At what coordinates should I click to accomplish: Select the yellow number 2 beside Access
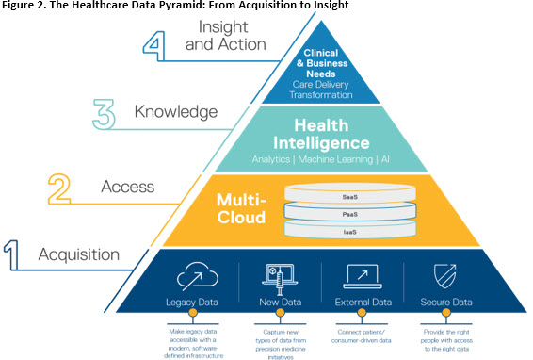coord(59,188)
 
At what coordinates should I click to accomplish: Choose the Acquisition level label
coord(78,254)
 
